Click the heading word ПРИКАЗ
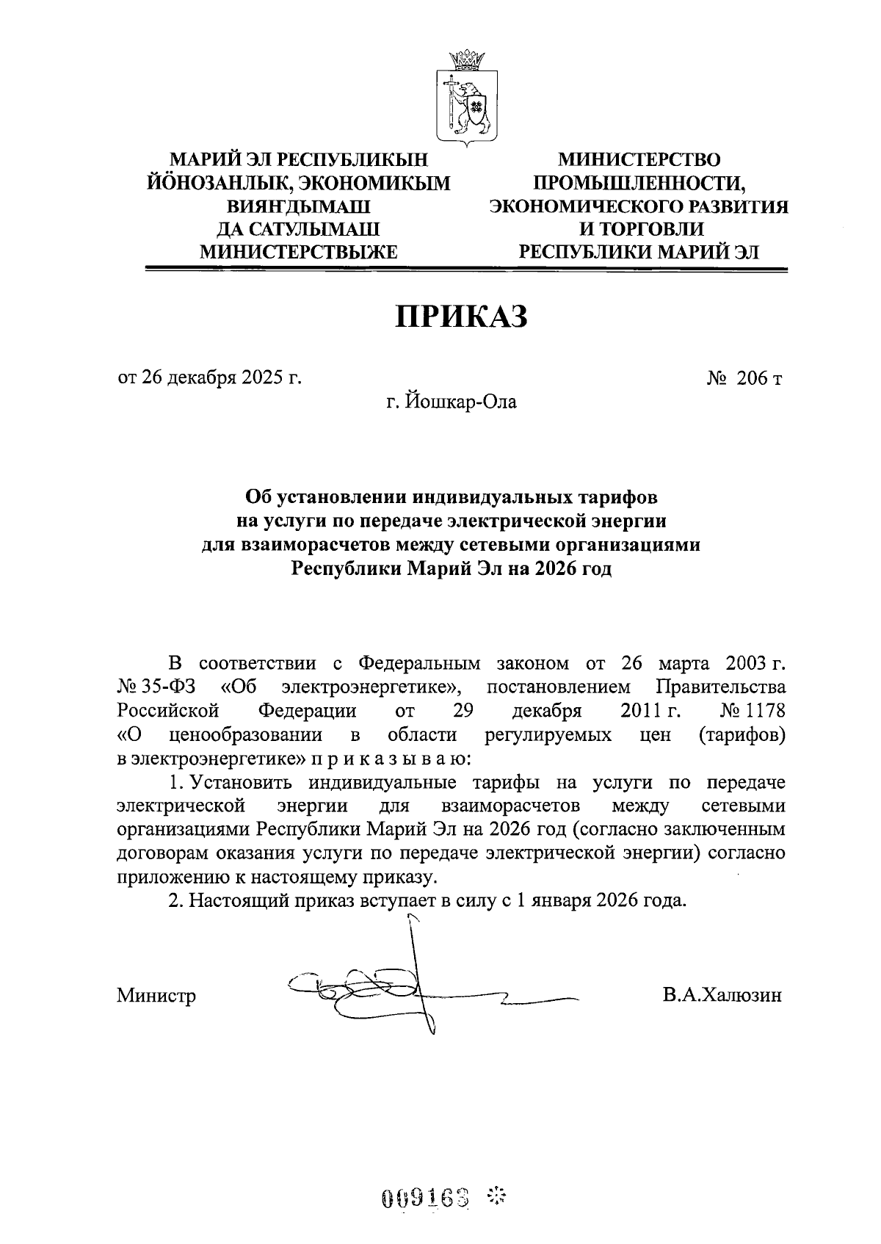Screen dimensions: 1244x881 click(463, 317)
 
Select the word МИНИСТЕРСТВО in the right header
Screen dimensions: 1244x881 click(639, 159)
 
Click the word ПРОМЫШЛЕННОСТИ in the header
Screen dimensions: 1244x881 click(639, 183)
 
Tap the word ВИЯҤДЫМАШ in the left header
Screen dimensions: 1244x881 click(299, 206)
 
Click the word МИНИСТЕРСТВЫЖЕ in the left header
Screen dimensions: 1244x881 click(299, 253)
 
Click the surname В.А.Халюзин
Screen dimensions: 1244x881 click(721, 996)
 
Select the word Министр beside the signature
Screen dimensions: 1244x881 click(156, 997)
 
